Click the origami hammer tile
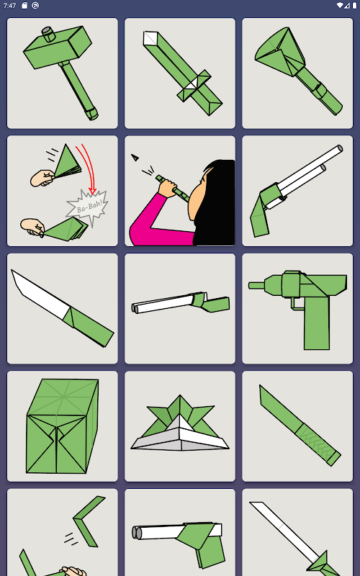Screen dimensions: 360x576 pos(63,73)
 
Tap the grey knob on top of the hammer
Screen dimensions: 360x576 pos(48,33)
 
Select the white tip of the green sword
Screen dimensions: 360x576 pos(150,38)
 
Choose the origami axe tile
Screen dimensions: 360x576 pos(297,73)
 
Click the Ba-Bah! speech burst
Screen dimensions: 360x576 pos(87,207)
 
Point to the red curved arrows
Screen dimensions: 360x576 pos(86,168)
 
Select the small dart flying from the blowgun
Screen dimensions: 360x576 pos(135,158)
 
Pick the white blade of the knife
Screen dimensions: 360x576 pos(40,293)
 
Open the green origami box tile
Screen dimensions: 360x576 pos(63,426)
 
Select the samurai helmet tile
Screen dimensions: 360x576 pos(180,426)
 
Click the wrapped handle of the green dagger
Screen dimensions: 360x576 pos(318,445)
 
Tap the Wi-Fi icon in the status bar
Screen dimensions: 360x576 pos(339,6)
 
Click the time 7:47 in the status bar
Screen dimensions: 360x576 pos(9,6)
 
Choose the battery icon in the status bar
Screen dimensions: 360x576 pos(354,6)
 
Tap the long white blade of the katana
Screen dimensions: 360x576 pos(284,530)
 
